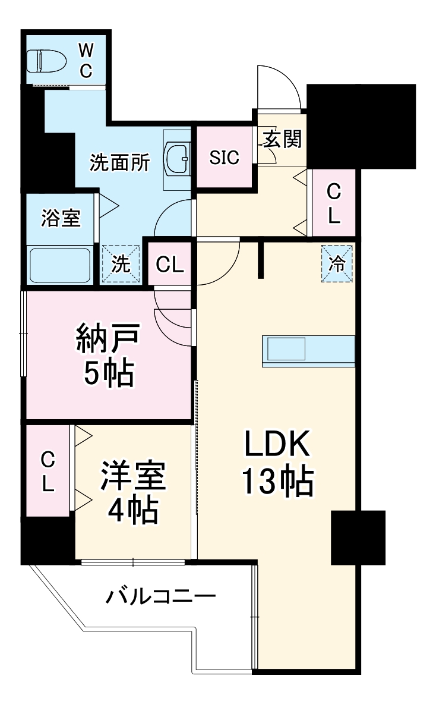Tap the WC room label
tap(86, 60)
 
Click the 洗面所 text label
tap(119, 162)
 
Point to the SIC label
tap(225, 158)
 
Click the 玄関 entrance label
tap(282, 140)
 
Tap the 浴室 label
tap(61, 218)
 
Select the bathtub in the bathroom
tap(60, 265)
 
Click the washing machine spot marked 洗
tap(122, 265)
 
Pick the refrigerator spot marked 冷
tap(337, 264)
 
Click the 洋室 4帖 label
tap(132, 494)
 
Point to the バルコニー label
tap(160, 595)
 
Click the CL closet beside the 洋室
tap(48, 470)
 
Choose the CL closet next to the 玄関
tap(334, 203)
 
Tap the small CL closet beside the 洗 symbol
tap(170, 265)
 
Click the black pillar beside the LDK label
tap(358, 537)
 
